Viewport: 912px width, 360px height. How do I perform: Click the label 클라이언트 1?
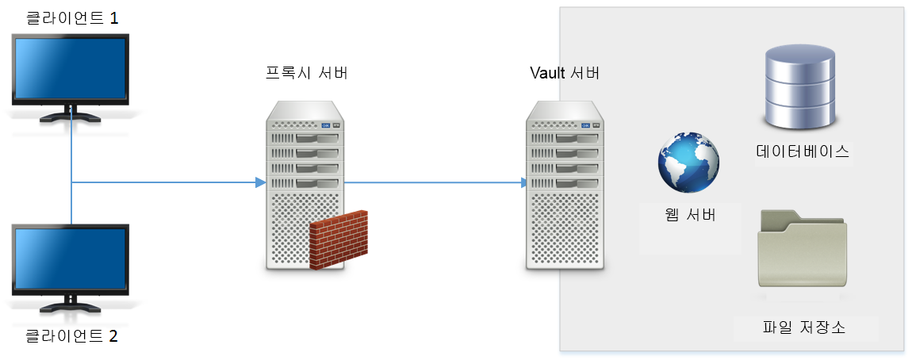click(x=71, y=18)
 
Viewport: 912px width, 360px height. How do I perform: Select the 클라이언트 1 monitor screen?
click(x=71, y=70)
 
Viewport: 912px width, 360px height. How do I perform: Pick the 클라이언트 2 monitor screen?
click(x=71, y=259)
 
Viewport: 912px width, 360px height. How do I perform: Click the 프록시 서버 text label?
click(x=306, y=74)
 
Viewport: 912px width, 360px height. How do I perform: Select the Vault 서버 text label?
click(x=565, y=74)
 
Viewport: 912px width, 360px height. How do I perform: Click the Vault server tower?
click(x=565, y=186)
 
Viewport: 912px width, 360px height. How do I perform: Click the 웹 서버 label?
click(x=689, y=214)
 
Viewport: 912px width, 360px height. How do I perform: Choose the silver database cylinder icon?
click(x=799, y=87)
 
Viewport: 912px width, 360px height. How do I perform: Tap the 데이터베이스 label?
click(x=803, y=152)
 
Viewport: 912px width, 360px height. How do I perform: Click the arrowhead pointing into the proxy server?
click(x=260, y=183)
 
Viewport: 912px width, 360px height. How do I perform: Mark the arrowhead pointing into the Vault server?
click(x=524, y=183)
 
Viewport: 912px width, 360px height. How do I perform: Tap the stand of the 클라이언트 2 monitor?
click(x=71, y=303)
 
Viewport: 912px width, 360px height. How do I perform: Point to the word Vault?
click(x=546, y=74)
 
